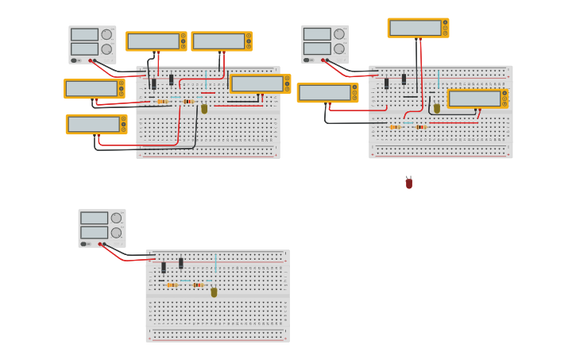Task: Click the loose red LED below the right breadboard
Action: click(409, 183)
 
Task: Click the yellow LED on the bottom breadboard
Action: click(214, 292)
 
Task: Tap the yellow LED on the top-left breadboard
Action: click(204, 108)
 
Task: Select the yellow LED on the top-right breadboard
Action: click(436, 108)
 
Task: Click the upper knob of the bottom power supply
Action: click(117, 218)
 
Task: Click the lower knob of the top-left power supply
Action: click(106, 48)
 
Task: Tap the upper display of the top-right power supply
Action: click(316, 34)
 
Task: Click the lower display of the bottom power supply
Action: click(94, 232)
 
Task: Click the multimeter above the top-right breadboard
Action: click(418, 28)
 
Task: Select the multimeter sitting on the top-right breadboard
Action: click(477, 99)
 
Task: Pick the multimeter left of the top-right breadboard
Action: click(327, 93)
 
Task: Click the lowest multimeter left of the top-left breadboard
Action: click(96, 124)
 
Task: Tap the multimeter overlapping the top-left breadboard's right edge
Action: click(260, 83)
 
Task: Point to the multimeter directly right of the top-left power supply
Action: click(156, 41)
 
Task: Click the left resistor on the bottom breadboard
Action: click(172, 285)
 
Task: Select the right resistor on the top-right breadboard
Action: click(421, 126)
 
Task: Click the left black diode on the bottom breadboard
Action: click(164, 268)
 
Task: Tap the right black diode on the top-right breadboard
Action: click(404, 79)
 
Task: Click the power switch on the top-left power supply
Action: click(75, 60)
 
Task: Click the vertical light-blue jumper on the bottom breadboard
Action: click(215, 263)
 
